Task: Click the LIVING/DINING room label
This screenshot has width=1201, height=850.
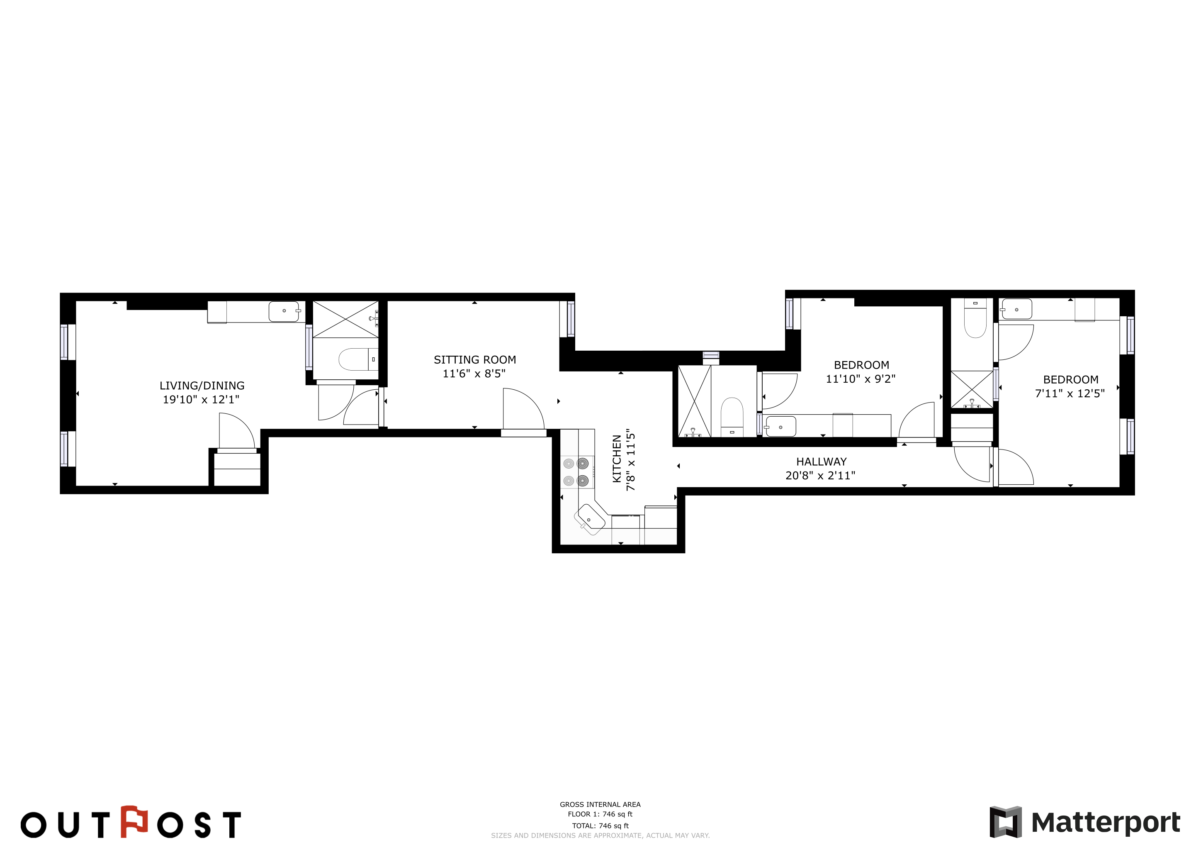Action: click(202, 386)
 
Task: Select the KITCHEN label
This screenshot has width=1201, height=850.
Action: click(617, 459)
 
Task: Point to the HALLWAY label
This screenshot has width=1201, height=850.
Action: click(821, 462)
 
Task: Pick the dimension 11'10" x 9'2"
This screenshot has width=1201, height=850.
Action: click(861, 379)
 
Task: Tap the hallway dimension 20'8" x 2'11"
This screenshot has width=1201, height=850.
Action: click(820, 475)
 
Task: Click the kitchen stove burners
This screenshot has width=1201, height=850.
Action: click(575, 471)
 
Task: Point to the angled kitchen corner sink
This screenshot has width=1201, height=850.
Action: click(590, 519)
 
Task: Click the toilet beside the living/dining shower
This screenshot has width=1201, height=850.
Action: click(358, 359)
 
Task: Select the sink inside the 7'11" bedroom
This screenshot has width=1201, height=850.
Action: click(1016, 309)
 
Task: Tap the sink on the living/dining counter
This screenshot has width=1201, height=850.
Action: click(284, 311)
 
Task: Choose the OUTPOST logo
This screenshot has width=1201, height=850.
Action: click(131, 822)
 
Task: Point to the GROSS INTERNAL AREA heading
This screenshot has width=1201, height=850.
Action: click(600, 804)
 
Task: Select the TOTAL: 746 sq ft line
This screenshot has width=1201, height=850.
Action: click(600, 826)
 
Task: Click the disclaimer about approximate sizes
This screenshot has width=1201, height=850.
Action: click(600, 835)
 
